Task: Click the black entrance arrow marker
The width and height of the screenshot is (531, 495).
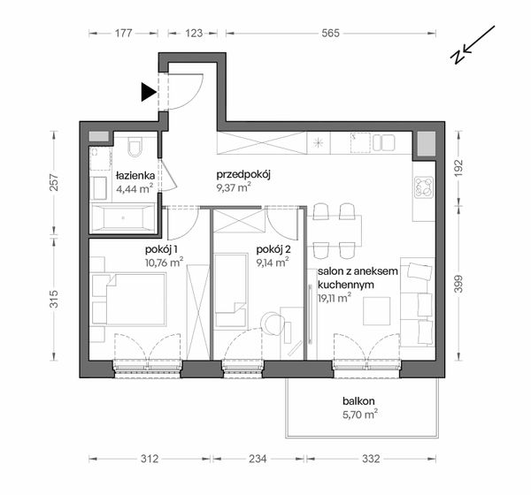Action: tap(146, 91)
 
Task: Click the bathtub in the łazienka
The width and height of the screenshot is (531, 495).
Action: tap(122, 217)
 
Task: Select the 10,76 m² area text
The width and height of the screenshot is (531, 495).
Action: tap(164, 262)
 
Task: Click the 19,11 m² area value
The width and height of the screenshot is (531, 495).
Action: tap(334, 298)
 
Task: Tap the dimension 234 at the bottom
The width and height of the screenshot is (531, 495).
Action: tap(258, 460)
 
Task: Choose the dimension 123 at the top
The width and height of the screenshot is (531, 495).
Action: tap(195, 33)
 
